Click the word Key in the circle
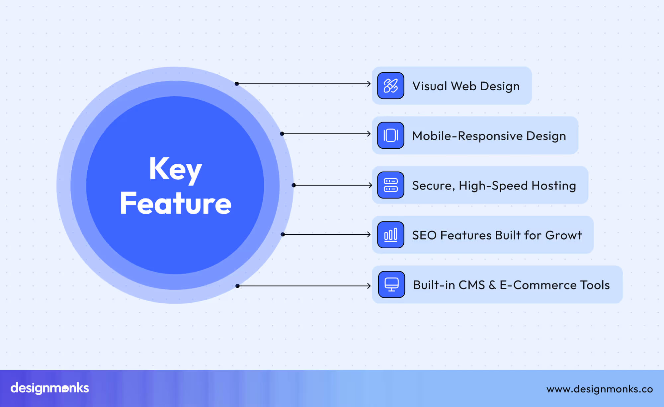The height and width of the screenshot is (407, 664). click(x=175, y=169)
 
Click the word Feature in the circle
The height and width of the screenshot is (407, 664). click(x=175, y=203)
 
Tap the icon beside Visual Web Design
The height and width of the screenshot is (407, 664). click(x=390, y=86)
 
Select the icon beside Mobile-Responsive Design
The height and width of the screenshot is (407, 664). click(x=390, y=135)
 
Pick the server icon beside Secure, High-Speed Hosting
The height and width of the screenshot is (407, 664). click(x=390, y=185)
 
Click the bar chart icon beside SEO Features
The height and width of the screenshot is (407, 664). click(x=390, y=235)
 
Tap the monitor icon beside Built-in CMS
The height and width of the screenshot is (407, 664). click(x=391, y=285)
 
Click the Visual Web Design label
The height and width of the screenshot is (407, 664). click(x=466, y=86)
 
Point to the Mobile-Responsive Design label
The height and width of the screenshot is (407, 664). click(x=489, y=136)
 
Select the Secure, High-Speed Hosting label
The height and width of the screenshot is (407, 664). click(x=494, y=186)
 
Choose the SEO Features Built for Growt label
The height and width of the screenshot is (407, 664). click(x=497, y=235)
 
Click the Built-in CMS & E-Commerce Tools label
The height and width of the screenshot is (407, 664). click(x=511, y=285)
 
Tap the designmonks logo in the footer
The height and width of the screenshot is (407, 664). click(x=50, y=388)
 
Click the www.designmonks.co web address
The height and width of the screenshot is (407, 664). click(x=599, y=389)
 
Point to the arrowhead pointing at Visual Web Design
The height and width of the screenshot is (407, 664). click(x=369, y=84)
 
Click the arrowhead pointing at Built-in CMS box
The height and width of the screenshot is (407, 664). click(x=369, y=286)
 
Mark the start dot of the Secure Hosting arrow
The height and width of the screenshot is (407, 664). click(x=293, y=185)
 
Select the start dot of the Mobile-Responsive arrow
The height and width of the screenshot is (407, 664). click(x=282, y=134)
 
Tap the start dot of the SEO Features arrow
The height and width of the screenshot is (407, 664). click(x=283, y=234)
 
